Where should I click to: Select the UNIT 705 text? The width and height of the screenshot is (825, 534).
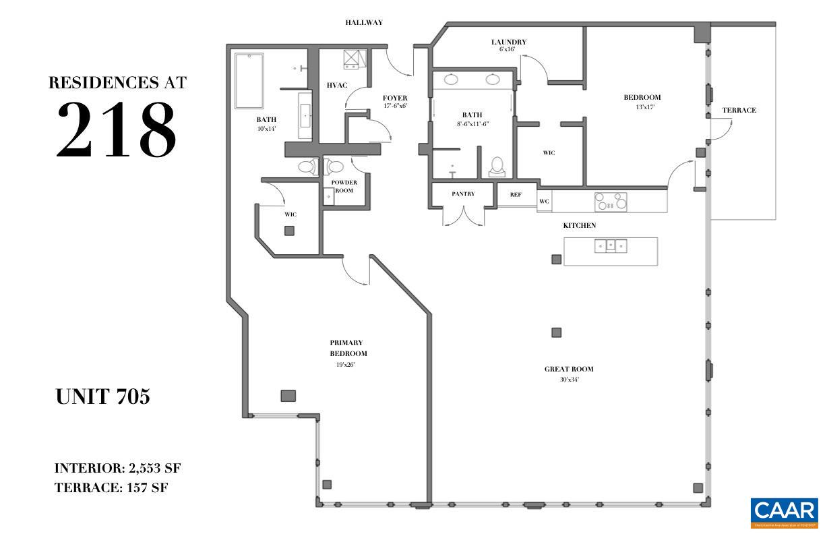click(x=102, y=397)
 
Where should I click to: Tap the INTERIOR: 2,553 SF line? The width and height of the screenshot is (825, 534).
click(x=117, y=468)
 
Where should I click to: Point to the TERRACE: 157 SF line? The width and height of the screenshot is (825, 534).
click(x=111, y=487)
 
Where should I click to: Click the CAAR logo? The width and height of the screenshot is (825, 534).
click(x=784, y=512)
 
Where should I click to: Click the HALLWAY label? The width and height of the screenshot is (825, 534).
click(x=364, y=22)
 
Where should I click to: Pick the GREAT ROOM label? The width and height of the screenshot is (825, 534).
click(x=569, y=369)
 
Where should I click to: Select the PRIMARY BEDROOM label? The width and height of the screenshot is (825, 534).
click(x=348, y=348)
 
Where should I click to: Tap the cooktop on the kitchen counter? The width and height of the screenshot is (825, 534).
click(x=610, y=201)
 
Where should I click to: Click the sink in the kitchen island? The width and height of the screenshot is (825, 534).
click(x=610, y=246)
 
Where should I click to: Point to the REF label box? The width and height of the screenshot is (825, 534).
click(x=516, y=195)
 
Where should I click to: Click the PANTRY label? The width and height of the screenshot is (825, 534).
click(x=463, y=194)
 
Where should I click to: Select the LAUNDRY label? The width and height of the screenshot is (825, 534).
click(x=508, y=42)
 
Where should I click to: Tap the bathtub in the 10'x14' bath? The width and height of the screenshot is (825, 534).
click(x=249, y=80)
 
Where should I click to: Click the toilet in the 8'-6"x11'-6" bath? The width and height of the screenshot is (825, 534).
click(x=497, y=166)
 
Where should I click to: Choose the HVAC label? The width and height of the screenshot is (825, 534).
click(x=336, y=86)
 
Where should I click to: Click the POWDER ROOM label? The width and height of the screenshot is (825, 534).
click(x=344, y=186)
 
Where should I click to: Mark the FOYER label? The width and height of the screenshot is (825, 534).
click(x=395, y=98)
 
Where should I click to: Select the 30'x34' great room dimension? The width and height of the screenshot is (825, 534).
click(x=569, y=380)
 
